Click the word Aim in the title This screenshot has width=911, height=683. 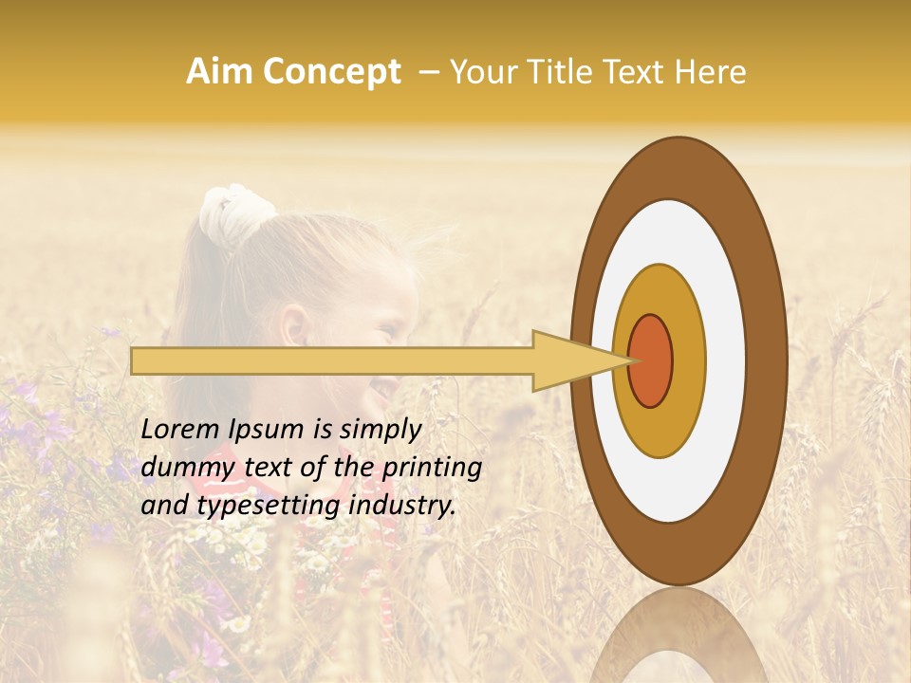click(218, 72)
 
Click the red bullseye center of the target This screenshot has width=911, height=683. click(650, 360)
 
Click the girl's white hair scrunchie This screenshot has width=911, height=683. click(233, 209)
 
